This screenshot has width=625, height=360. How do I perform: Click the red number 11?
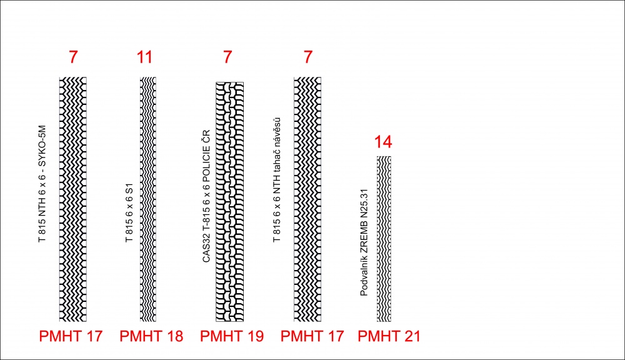[144, 57]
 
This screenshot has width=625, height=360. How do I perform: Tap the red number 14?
[383, 142]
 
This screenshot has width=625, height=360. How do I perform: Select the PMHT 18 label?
[151, 336]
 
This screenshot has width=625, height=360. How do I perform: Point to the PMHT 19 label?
[232, 336]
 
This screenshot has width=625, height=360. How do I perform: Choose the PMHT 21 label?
[389, 336]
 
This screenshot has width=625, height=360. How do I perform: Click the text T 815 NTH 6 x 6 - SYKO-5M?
[42, 184]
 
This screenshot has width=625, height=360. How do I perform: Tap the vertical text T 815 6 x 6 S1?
[129, 212]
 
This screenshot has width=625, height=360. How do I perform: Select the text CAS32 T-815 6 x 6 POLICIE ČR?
[206, 196]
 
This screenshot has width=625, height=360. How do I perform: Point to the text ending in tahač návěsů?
[277, 180]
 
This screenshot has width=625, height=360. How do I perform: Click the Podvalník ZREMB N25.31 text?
[364, 242]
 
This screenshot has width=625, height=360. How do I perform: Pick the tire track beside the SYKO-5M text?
[73, 199]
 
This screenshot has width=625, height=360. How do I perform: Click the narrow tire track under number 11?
[148, 199]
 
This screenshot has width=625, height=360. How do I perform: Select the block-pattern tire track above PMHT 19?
[229, 202]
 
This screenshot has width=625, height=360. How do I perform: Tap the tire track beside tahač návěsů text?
[307, 199]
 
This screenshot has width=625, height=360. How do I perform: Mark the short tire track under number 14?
[384, 239]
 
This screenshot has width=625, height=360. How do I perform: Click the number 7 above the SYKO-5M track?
[73, 57]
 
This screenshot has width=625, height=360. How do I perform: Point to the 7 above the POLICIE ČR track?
[227, 57]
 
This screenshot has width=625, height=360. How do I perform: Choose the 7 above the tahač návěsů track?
[307, 57]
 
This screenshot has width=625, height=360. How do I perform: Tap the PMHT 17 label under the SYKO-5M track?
[71, 336]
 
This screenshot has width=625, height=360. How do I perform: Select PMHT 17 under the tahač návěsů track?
[312, 336]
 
